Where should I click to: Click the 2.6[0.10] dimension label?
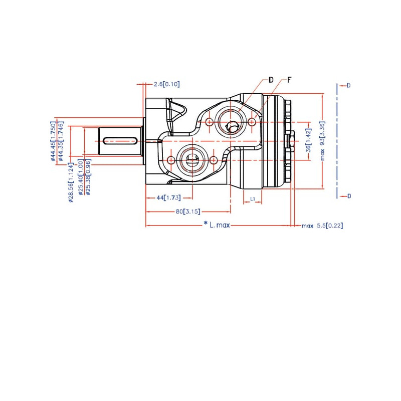coord(167,84)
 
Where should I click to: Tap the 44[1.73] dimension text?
coord(169,197)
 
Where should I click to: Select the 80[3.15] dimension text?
coord(188,212)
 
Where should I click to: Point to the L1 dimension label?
coord(253,198)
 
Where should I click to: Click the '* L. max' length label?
coord(217,225)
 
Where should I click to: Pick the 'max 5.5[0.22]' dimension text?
coord(322,226)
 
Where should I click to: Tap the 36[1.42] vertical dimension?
coord(309,140)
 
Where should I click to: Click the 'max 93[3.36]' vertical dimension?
coord(322,141)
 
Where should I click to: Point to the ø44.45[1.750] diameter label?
coord(53,141)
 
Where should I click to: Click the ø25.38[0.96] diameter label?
coord(88,177)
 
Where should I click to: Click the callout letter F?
coord(289,80)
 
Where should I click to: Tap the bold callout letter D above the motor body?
coord(271,80)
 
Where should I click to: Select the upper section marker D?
coord(348,85)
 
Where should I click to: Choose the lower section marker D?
coord(349,196)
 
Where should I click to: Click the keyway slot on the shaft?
coord(120,141)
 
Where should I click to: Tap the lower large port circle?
coord(192,160)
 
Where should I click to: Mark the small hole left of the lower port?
coord(171,160)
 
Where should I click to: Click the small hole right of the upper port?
coord(252,122)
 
